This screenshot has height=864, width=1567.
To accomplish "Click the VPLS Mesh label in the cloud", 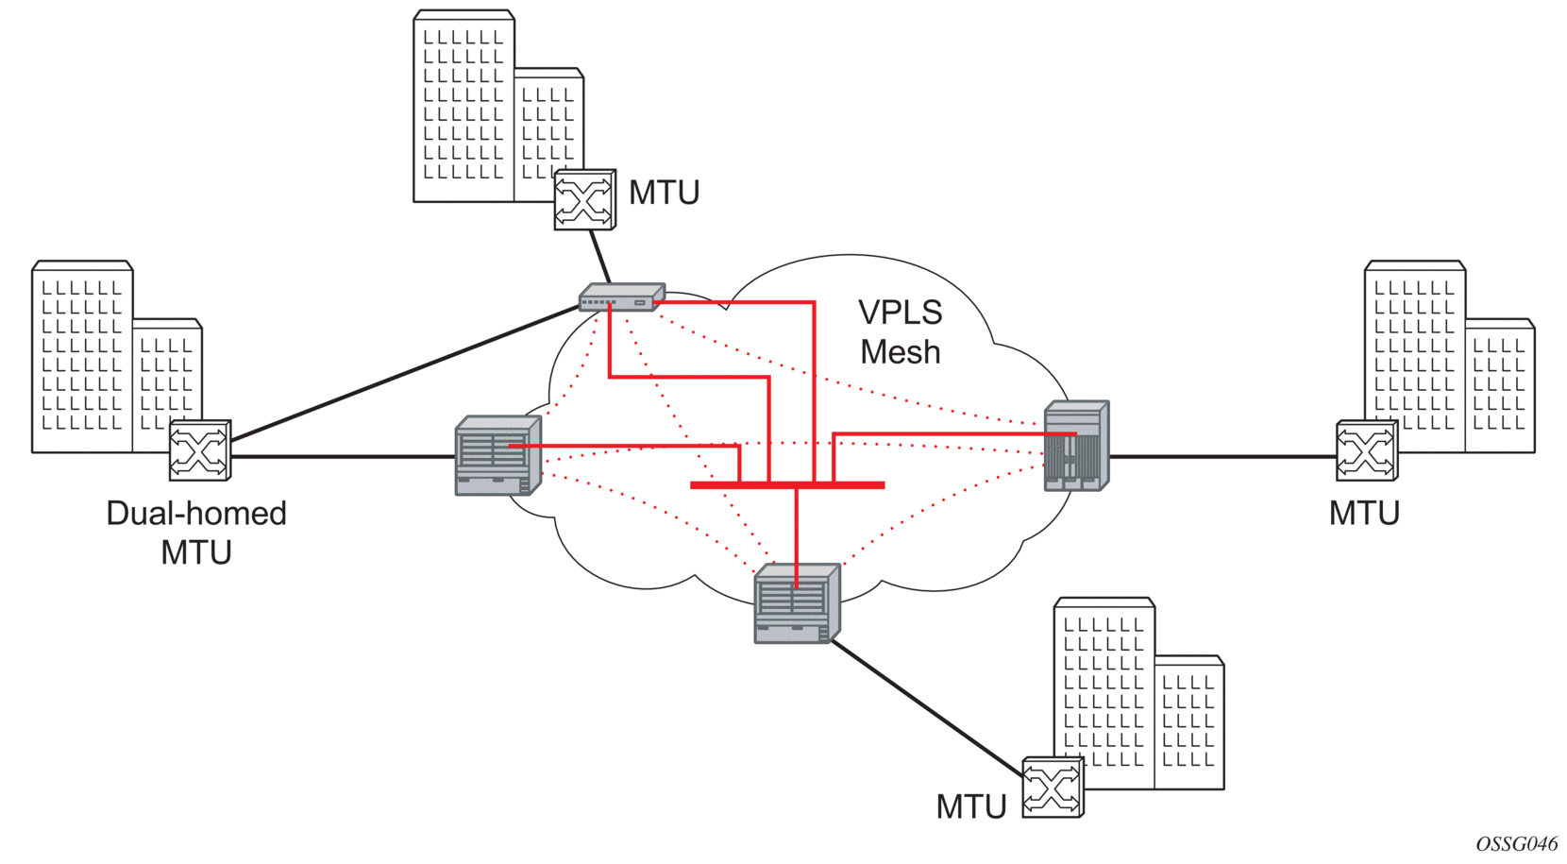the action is pyautogui.click(x=901, y=331).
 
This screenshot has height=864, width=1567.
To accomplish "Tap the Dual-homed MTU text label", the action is pyautogui.click(x=196, y=533).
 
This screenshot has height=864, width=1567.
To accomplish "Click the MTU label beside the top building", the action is pyautogui.click(x=664, y=193).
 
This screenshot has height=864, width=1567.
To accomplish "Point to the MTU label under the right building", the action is pyautogui.click(x=1364, y=513).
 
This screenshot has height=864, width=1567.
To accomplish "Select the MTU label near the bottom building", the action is pyautogui.click(x=971, y=806).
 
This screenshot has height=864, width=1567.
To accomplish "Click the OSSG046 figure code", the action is pyautogui.click(x=1517, y=844).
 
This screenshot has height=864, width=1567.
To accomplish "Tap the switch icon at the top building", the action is pyautogui.click(x=585, y=199).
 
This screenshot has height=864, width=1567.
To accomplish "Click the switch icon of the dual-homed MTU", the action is pyautogui.click(x=200, y=449).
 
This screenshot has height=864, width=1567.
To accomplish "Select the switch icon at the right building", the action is pyautogui.click(x=1367, y=449).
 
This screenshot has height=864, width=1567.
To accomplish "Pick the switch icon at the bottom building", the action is pyautogui.click(x=1053, y=788).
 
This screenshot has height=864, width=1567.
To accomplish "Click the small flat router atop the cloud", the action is pyautogui.click(x=622, y=296).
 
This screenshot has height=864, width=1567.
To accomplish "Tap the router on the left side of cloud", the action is pyautogui.click(x=498, y=455).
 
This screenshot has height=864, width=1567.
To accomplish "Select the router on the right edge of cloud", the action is pyautogui.click(x=1077, y=446).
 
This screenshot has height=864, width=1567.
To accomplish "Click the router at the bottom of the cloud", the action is pyautogui.click(x=797, y=603).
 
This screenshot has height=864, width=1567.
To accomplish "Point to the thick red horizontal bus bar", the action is pyautogui.click(x=787, y=484).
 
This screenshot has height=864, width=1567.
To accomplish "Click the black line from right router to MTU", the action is pyautogui.click(x=1222, y=456).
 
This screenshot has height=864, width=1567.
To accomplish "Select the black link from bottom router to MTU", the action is pyautogui.click(x=927, y=707).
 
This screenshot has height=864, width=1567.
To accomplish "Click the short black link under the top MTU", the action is pyautogui.click(x=600, y=257).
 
